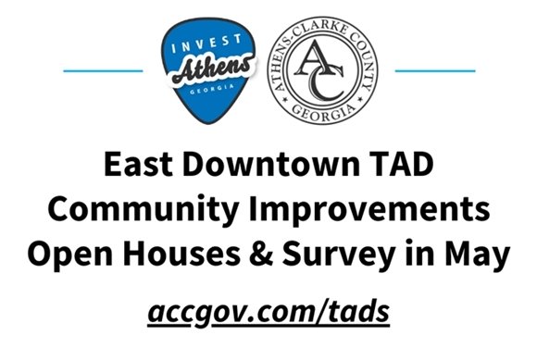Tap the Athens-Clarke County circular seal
coord(330,71)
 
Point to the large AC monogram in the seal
coord(330,71)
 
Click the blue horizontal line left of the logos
coord(103,70)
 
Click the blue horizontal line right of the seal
coord(435,70)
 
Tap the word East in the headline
coord(140,168)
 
